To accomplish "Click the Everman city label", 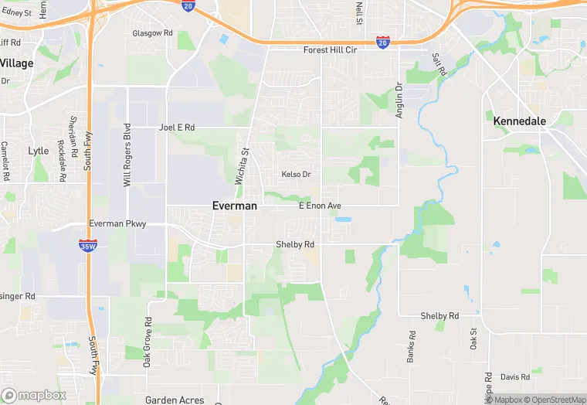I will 234,206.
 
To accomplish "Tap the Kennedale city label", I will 520,121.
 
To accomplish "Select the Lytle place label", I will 38,151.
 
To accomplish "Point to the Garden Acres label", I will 175,400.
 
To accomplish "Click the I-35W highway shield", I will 87,245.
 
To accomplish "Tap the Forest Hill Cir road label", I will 330,50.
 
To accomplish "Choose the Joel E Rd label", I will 177,128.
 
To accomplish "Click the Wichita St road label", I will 242,166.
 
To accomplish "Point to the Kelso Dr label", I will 296,175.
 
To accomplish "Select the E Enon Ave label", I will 320,206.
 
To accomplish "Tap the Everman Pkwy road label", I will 117,223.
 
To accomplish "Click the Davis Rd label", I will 514,377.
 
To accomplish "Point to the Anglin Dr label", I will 399,99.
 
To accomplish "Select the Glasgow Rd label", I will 152,34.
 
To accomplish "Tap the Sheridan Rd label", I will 73,133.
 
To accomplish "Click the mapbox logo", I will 34,395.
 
